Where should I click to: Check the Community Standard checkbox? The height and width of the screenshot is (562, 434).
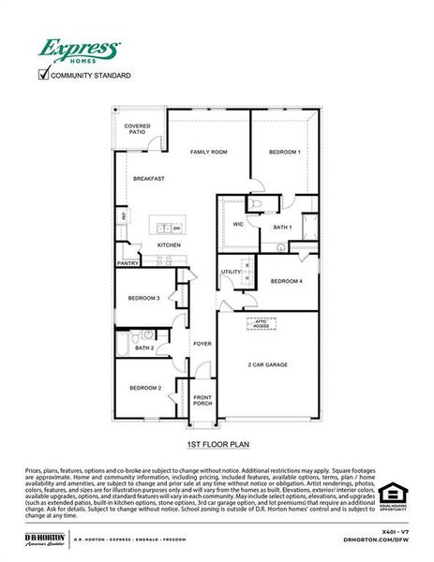click(x=42, y=74)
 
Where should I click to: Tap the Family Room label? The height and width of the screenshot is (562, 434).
click(x=209, y=152)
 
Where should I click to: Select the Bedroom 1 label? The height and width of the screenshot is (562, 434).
click(x=284, y=152)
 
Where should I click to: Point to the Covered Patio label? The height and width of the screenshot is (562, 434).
click(x=139, y=130)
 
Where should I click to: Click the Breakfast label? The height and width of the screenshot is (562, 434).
click(x=148, y=178)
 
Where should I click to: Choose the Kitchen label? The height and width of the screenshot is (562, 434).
click(x=169, y=245)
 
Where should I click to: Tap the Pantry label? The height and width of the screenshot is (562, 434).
click(x=127, y=264)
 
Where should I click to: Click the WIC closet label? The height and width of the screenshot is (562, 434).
click(x=238, y=225)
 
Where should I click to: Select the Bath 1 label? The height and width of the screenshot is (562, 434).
click(x=282, y=228)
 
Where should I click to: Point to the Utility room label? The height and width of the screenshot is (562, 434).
click(x=231, y=272)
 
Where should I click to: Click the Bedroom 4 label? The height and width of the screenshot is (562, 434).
click(x=286, y=281)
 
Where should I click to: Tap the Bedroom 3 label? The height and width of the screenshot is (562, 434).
click(x=145, y=299)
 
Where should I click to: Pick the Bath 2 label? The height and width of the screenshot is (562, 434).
click(x=144, y=348)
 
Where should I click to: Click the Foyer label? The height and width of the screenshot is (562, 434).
click(x=202, y=344)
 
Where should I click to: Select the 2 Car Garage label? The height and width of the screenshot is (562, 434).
click(x=267, y=364)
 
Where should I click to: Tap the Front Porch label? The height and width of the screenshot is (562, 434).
click(x=202, y=400)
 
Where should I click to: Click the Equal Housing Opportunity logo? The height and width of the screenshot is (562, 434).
click(x=391, y=495)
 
